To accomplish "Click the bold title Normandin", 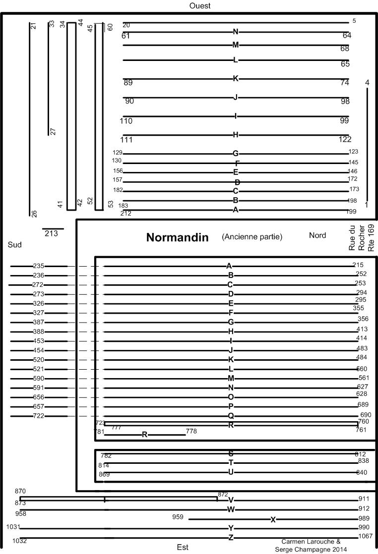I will [177, 237].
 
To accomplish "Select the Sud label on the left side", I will [15, 245].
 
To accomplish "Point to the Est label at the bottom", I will [183, 548].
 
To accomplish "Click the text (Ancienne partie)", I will [252, 237].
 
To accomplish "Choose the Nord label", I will [317, 235].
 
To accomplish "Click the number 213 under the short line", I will [51, 233].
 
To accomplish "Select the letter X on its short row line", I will [273, 519].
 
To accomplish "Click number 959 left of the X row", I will [178, 517].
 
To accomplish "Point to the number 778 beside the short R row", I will [191, 431].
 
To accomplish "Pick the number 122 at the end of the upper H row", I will [345, 139].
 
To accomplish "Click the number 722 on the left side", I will [38, 416].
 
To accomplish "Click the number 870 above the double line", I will [20, 491].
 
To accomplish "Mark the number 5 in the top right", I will [354, 21].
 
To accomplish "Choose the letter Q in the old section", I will [231, 416].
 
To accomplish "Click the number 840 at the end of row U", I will [362, 472].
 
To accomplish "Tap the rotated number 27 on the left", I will [53, 131].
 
